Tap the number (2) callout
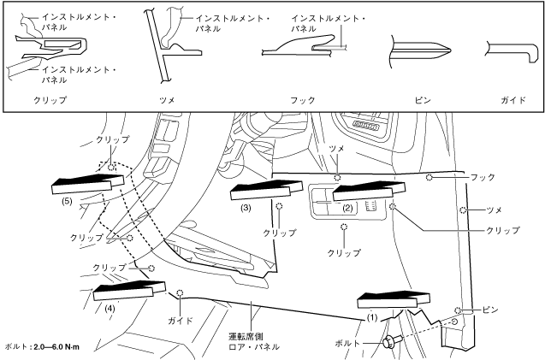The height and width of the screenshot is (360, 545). [x=348, y=208]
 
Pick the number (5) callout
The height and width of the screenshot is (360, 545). [x=68, y=202]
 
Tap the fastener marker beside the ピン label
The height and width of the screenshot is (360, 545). [x=459, y=310]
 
